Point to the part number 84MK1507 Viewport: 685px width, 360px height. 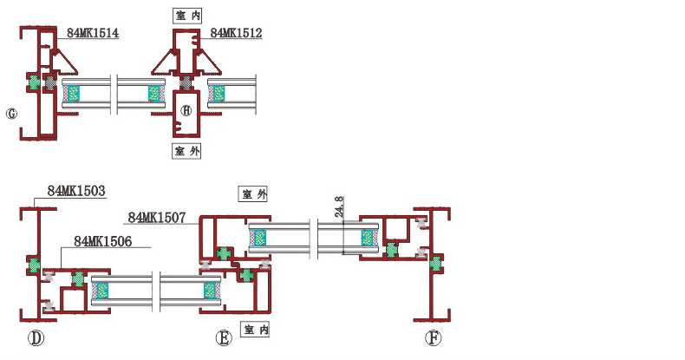(x=157, y=218)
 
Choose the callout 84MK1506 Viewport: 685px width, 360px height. (x=103, y=241)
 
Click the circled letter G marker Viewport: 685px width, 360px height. (x=11, y=114)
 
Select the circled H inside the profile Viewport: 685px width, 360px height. (x=186, y=109)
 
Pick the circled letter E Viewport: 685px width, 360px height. (x=224, y=338)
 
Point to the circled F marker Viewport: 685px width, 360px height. (x=433, y=338)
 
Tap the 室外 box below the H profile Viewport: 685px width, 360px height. (x=187, y=151)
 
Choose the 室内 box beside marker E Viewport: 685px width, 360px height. (x=256, y=330)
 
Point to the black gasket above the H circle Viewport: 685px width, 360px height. (x=186, y=83)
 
